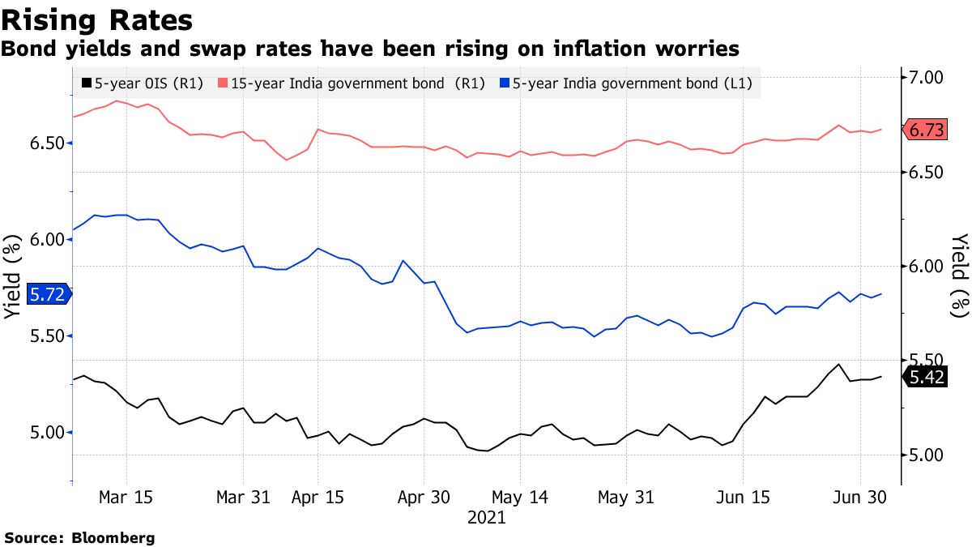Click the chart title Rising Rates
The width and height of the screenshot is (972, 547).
[97, 19]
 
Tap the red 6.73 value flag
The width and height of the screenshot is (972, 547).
[927, 130]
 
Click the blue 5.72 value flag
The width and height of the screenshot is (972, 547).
[47, 294]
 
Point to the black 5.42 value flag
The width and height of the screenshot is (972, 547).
[927, 378]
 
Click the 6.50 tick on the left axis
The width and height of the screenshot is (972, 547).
[47, 143]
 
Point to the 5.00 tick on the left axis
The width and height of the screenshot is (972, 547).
[47, 433]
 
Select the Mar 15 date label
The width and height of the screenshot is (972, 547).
[126, 498]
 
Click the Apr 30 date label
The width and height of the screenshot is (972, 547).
[424, 498]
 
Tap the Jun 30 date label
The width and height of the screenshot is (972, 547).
[859, 498]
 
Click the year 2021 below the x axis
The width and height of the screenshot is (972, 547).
[487, 518]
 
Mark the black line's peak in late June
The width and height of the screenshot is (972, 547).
[838, 364]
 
